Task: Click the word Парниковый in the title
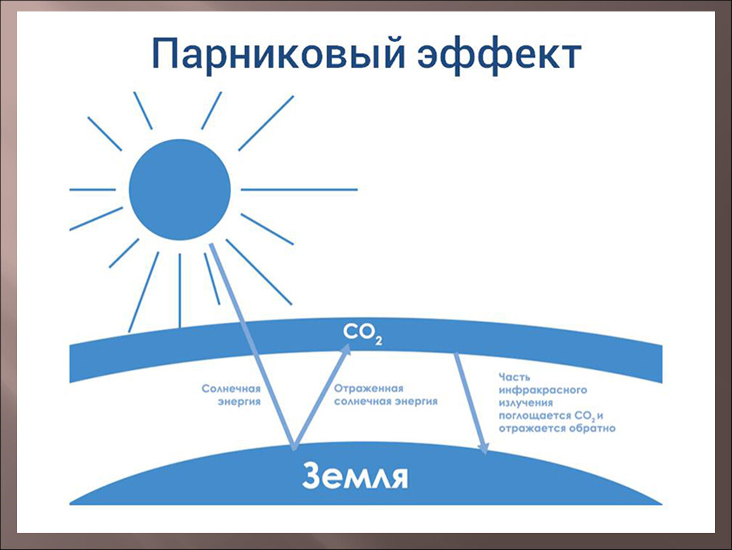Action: tap(278, 54)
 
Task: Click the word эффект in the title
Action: tap(499, 55)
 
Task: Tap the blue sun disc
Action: tap(179, 190)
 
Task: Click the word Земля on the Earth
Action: tap(355, 476)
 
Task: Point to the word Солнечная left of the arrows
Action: tap(231, 388)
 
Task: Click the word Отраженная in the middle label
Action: tap(369, 388)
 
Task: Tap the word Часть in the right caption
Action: tap(514, 377)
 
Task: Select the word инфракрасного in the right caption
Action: tap(543, 390)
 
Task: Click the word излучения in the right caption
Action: tap(526, 402)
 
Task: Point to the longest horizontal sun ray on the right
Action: tap(299, 190)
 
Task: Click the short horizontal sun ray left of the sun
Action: tap(92, 190)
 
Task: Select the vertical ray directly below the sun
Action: tap(179, 290)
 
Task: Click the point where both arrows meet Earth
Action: tap(293, 448)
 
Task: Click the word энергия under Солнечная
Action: tap(239, 402)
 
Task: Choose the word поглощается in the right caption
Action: tap(535, 416)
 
